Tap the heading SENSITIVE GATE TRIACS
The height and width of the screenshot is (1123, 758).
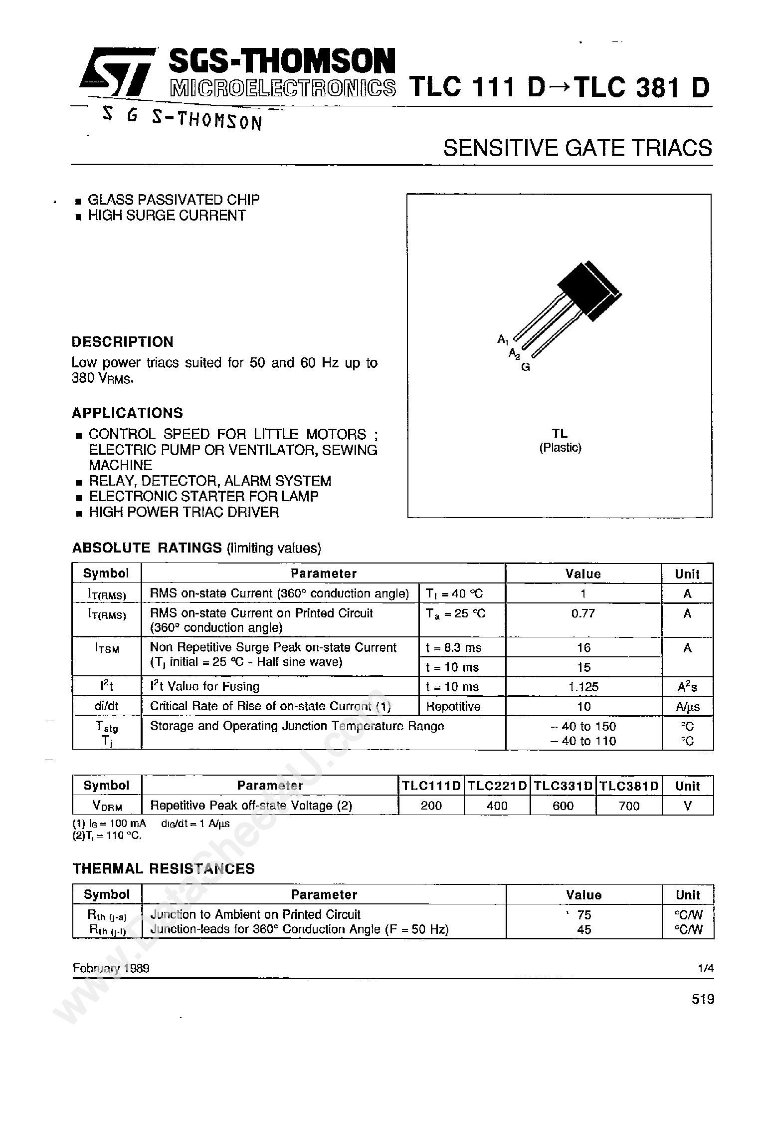[x=577, y=148]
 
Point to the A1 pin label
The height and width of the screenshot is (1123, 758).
[x=502, y=339]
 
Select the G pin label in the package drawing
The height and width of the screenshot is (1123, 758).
[x=525, y=367]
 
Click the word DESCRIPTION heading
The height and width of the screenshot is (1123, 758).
[x=123, y=342]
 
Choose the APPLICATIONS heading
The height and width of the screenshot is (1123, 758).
[x=127, y=413]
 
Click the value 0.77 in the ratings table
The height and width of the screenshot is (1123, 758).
[x=583, y=613]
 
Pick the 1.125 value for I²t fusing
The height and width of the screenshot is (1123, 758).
[x=583, y=687]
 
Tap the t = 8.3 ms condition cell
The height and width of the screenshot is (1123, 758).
[x=453, y=648]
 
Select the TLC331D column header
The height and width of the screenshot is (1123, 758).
[x=563, y=786]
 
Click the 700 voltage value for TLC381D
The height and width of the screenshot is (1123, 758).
[x=628, y=806]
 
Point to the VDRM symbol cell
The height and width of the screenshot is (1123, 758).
[x=106, y=806]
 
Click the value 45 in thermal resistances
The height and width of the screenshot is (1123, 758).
[x=583, y=929]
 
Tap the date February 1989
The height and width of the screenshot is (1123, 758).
[x=111, y=968]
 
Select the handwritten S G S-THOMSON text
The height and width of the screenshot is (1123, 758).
[x=182, y=119]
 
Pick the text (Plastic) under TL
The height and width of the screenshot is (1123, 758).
[x=560, y=448]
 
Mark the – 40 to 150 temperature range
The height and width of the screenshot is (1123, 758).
[x=583, y=726]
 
